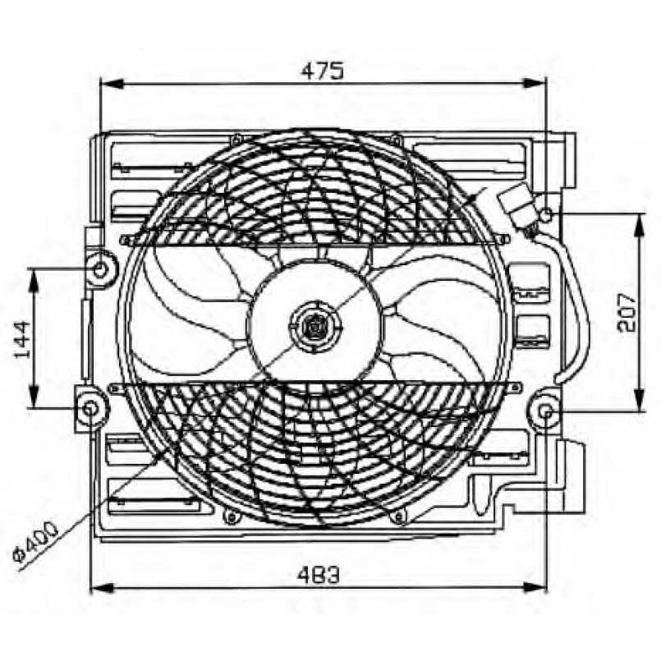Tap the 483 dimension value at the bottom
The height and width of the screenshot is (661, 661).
pyautogui.click(x=320, y=576)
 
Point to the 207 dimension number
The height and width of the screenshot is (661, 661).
pyautogui.click(x=627, y=310)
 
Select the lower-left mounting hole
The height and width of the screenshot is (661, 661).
pyautogui.click(x=90, y=408)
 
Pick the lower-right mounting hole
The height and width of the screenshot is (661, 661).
pyautogui.click(x=546, y=411)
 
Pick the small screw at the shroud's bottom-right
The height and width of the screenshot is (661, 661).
pyautogui.click(x=399, y=517)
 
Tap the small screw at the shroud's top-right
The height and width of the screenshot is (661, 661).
pyautogui.click(x=397, y=139)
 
